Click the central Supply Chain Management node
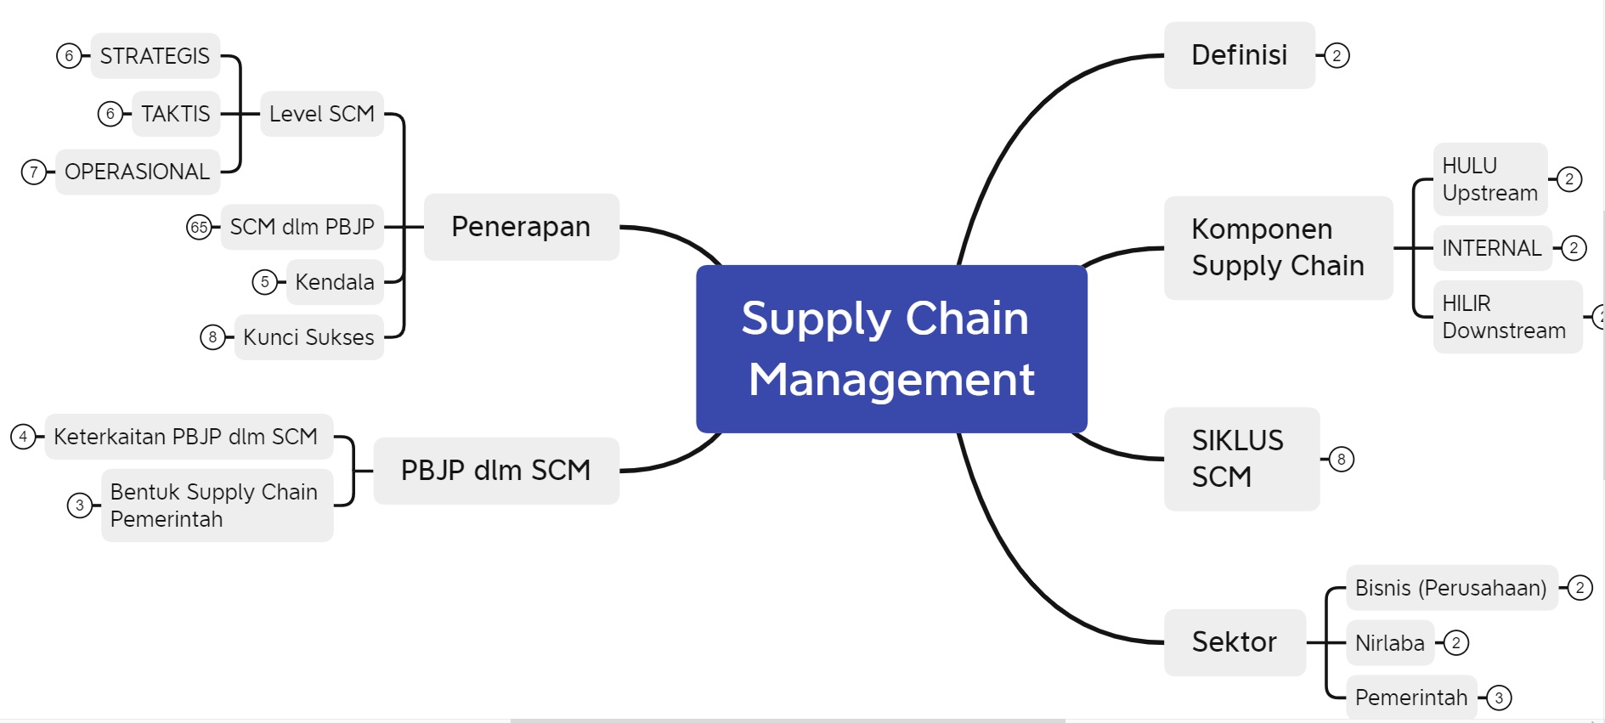coord(891,348)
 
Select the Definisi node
coord(1239,55)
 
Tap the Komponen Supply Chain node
coord(1277,247)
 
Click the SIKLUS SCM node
coord(1240,459)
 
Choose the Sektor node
coord(1234,642)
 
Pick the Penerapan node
coord(521,227)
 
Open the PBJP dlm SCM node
coord(495,470)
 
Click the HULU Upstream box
coord(1489,179)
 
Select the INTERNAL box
coord(1491,248)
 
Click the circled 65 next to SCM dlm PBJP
coord(199,228)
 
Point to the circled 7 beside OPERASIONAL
coord(33,172)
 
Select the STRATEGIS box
coord(155,56)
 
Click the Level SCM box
coord(321,114)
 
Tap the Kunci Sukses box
coord(308,337)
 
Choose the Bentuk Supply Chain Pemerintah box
coord(216,506)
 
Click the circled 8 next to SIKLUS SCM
coord(1341,460)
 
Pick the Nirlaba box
coord(1389,643)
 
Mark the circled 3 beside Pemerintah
coord(1499,698)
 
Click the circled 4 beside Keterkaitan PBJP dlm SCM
coord(23,437)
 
